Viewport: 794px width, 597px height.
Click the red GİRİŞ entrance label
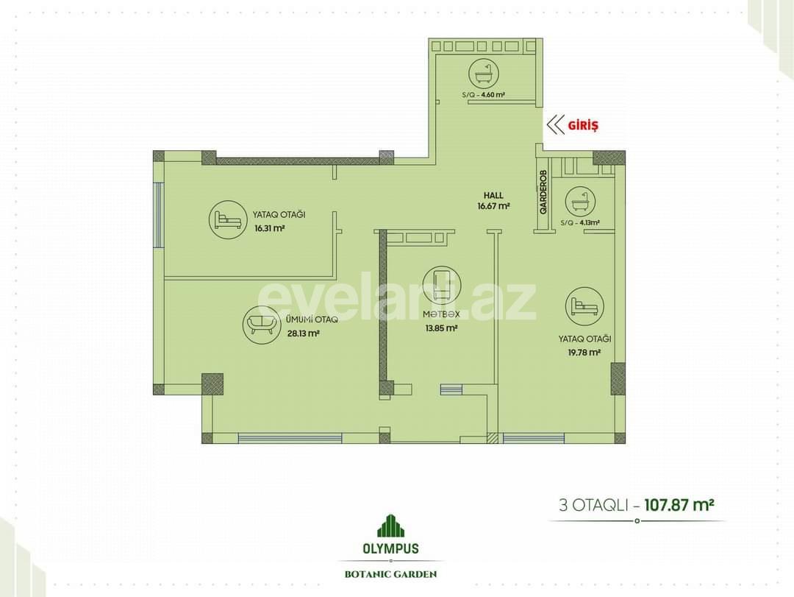click(x=584, y=125)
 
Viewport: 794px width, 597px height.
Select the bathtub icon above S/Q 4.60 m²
click(x=484, y=72)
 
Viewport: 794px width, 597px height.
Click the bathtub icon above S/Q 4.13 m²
click(x=579, y=201)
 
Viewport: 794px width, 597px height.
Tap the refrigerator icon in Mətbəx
click(x=441, y=284)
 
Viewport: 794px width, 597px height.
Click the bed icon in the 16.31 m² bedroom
click(x=226, y=219)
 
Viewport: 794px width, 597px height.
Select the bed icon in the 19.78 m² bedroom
click(x=584, y=305)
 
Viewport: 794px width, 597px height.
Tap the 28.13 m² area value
click(x=303, y=333)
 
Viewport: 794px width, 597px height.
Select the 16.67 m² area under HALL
click(x=493, y=206)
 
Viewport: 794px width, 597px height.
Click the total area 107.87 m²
click(x=680, y=505)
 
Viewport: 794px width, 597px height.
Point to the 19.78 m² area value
click(x=584, y=353)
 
